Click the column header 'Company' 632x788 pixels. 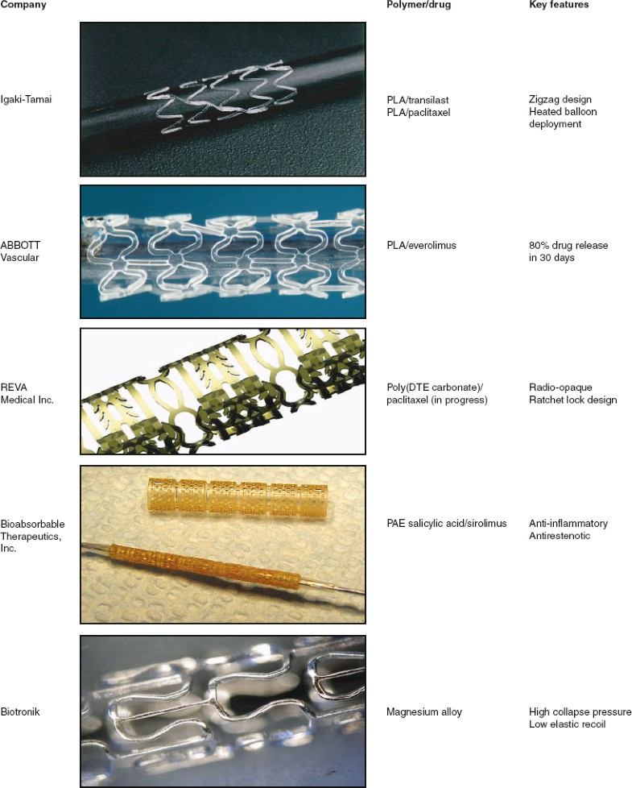point(23,5)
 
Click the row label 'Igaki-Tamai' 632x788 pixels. point(27,99)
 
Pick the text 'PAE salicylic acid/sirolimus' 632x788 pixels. point(447,523)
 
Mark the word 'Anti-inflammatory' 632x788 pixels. point(568,523)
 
